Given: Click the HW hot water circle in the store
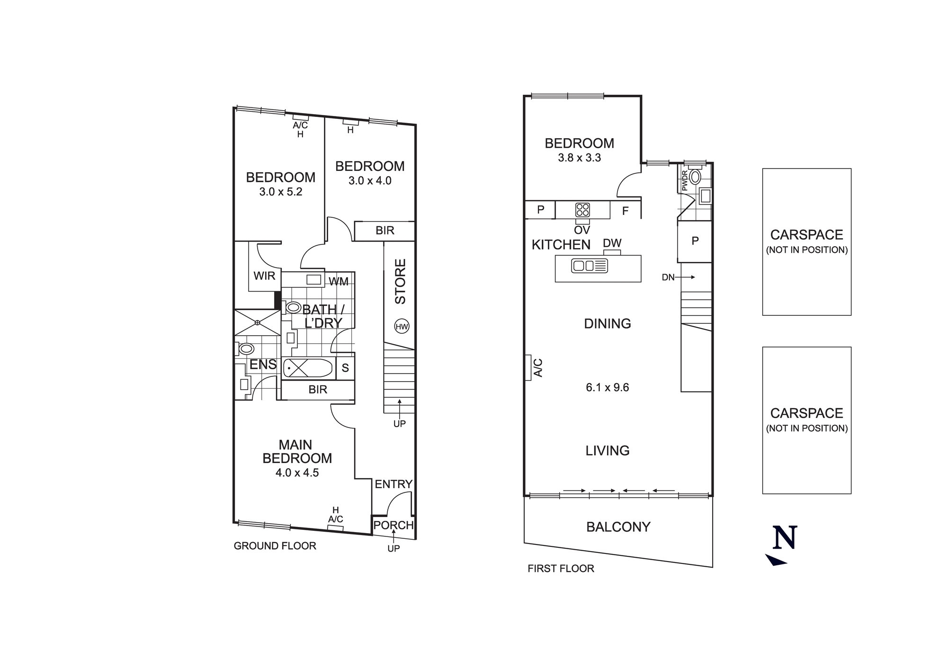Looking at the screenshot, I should pyautogui.click(x=402, y=326).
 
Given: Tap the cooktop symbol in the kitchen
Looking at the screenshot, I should pyautogui.click(x=582, y=210).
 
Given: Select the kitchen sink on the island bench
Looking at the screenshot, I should pyautogui.click(x=589, y=266).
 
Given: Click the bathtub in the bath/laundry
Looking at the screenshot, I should pyautogui.click(x=308, y=368).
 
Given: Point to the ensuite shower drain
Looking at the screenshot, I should pyautogui.click(x=257, y=322).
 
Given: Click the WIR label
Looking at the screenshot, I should pyautogui.click(x=264, y=276).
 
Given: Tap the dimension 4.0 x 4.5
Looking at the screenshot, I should pyautogui.click(x=297, y=473).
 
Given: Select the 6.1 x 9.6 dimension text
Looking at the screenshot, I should pyautogui.click(x=607, y=387).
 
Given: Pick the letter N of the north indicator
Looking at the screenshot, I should pyautogui.click(x=785, y=538).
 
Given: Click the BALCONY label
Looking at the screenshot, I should pyautogui.click(x=618, y=527).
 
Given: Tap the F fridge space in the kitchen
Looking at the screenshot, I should pyautogui.click(x=625, y=211).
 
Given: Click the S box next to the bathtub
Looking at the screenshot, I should pyautogui.click(x=345, y=368).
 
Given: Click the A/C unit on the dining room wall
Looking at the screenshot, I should pyautogui.click(x=528, y=367).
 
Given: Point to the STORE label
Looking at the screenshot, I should pyautogui.click(x=401, y=281).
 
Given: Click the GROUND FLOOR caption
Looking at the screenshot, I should pyautogui.click(x=275, y=546).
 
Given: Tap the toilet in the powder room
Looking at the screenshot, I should pyautogui.click(x=695, y=177).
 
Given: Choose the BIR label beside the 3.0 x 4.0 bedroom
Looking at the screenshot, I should pyautogui.click(x=384, y=231).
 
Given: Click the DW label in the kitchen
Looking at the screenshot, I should pyautogui.click(x=612, y=243).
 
